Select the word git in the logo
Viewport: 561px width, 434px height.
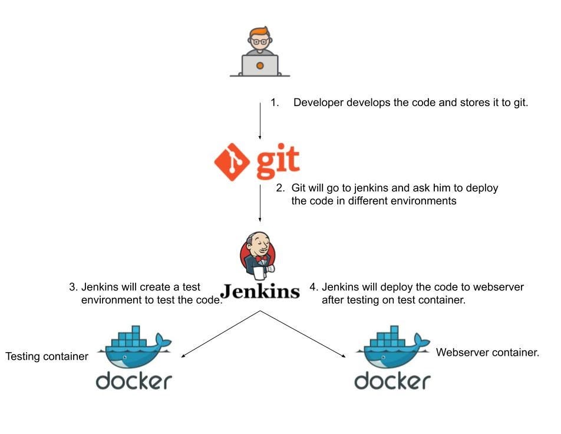pos(278,163)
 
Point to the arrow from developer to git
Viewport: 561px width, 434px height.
pos(260,121)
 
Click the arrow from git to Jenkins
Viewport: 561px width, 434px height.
pos(260,203)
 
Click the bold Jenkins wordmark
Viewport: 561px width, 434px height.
pos(260,290)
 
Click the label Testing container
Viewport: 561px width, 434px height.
pos(47,357)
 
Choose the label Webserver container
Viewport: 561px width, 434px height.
pos(487,353)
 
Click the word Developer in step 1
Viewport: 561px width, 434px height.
pos(318,102)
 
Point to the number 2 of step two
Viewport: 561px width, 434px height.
pos(280,188)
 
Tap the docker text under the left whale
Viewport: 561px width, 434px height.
pos(134,381)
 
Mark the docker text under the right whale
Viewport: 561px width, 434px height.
pos(392,381)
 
